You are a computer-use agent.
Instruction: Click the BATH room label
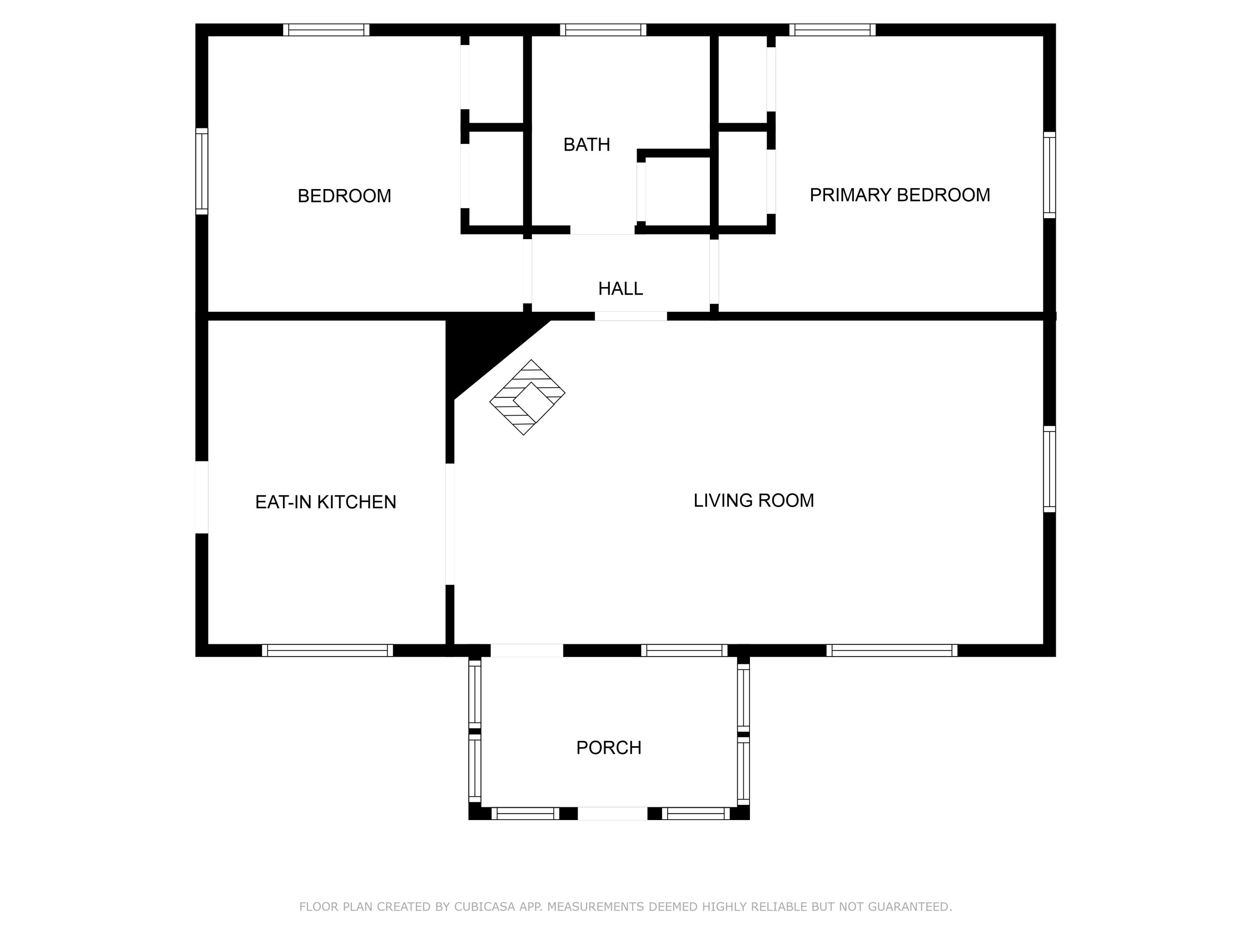point(586,145)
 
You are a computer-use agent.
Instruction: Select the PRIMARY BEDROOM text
point(899,195)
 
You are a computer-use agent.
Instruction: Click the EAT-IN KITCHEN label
point(326,502)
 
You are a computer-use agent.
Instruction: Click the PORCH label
point(608,748)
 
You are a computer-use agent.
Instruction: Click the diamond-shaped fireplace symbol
point(527,397)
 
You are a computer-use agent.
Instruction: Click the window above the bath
point(603,30)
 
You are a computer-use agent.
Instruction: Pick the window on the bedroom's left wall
point(202,172)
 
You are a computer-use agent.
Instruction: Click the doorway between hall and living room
point(631,316)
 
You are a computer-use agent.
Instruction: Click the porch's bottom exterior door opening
point(612,813)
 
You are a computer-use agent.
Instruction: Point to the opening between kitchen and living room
point(450,524)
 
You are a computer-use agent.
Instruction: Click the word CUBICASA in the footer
point(484,907)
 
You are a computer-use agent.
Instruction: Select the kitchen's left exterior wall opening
point(202,497)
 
